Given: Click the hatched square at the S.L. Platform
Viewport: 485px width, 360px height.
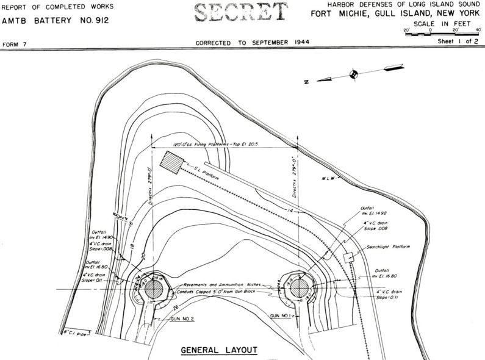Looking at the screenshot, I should [x=173, y=163].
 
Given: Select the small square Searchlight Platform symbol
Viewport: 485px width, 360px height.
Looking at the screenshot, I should [x=350, y=258].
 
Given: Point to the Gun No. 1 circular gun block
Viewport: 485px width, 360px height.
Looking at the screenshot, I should [x=300, y=287].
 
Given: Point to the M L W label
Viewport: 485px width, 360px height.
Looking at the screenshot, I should [x=330, y=178].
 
